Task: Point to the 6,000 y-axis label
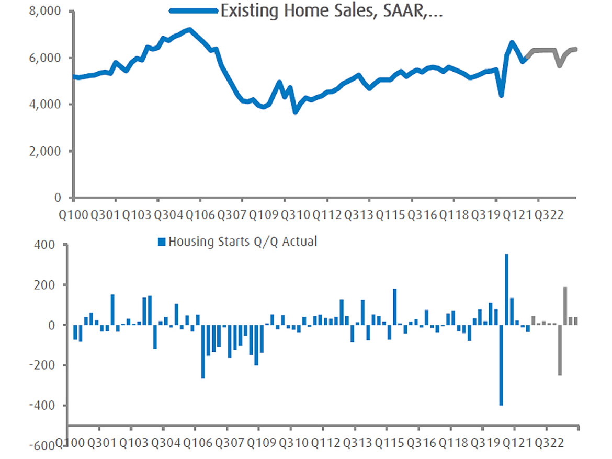click(x=46, y=58)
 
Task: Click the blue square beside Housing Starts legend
click(x=162, y=242)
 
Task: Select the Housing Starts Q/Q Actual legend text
click(x=242, y=242)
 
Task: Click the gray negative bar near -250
click(x=560, y=350)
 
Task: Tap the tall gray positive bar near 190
click(x=565, y=306)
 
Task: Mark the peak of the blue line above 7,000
click(x=189, y=30)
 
